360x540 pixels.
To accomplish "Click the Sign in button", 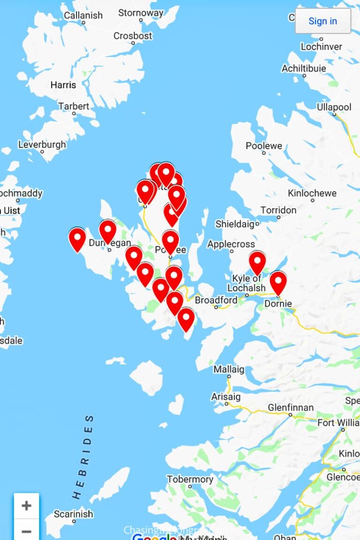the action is click(x=322, y=21).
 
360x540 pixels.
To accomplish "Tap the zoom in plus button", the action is click(x=26, y=506).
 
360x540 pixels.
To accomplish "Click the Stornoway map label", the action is click(x=141, y=13).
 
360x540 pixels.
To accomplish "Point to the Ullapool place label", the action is click(x=334, y=107).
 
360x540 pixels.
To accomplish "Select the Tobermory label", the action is click(x=190, y=480).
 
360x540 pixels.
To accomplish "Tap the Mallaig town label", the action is click(x=229, y=369).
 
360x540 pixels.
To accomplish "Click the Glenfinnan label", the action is click(x=291, y=408).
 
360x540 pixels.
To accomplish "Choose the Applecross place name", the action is click(x=231, y=244).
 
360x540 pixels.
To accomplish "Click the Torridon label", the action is click(x=278, y=210).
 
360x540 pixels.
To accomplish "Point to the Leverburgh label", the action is click(x=42, y=145).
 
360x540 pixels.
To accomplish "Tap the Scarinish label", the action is click(x=73, y=514).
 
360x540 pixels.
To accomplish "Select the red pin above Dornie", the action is click(x=278, y=282).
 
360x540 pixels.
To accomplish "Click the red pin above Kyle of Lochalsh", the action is click(x=257, y=262).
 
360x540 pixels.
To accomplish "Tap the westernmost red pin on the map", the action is click(x=77, y=238).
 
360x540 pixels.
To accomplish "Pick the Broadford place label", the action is click(x=216, y=300).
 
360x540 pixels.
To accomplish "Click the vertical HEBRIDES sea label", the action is click(x=83, y=457).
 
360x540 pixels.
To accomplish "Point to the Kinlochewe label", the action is click(x=312, y=193).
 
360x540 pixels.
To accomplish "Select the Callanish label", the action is click(x=83, y=15).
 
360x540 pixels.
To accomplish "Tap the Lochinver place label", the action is click(x=322, y=47).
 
